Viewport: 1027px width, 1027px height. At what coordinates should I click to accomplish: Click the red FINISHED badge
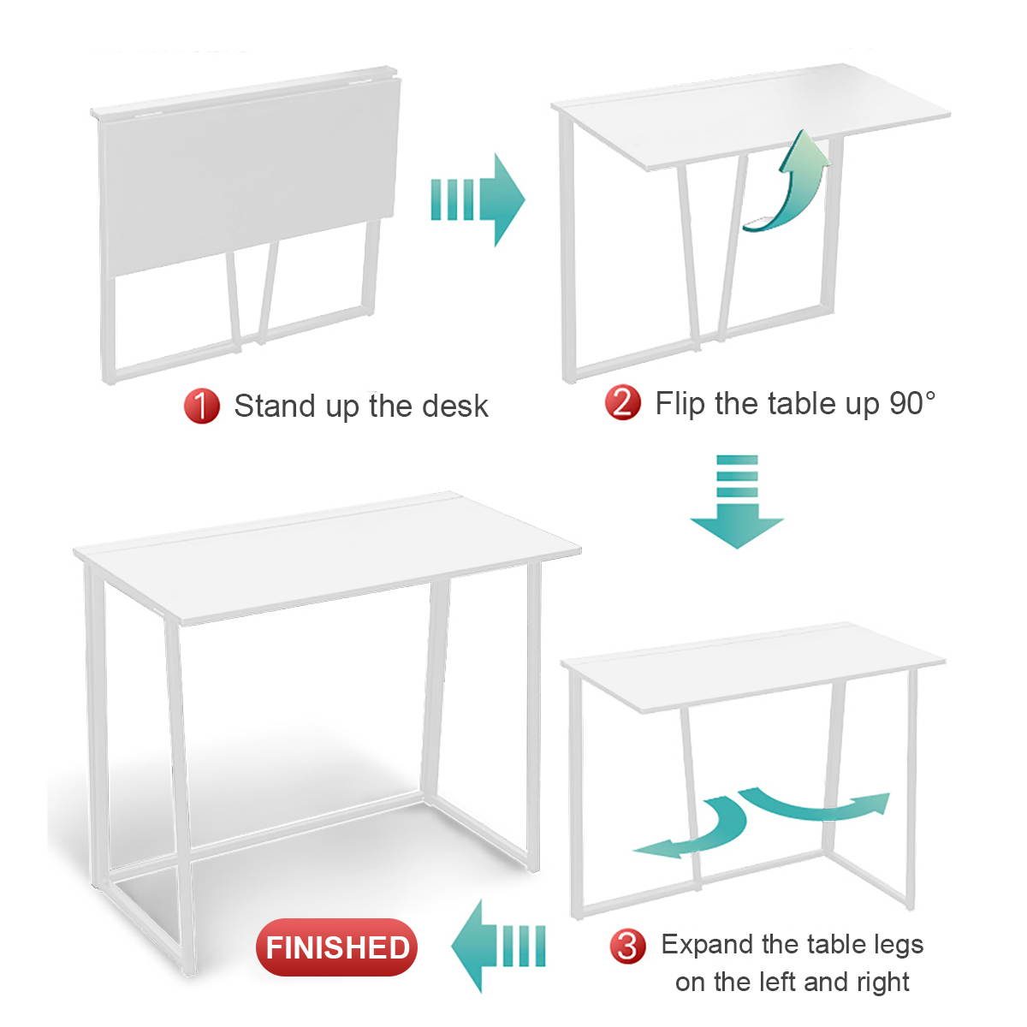tap(336, 947)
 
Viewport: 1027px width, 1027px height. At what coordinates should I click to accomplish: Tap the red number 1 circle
tap(201, 407)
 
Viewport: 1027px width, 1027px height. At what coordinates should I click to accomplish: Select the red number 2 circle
tap(622, 403)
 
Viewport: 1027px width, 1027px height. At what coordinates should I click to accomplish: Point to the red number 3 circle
tap(627, 947)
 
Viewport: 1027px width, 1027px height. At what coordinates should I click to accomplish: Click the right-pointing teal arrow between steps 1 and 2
tap(478, 200)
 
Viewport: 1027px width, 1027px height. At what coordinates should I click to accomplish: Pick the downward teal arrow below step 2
tap(737, 502)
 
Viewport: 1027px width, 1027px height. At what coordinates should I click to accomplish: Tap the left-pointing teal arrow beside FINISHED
tap(498, 947)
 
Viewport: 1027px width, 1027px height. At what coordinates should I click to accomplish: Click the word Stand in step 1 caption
tap(275, 407)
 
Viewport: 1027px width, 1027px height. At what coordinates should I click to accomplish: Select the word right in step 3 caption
tap(882, 982)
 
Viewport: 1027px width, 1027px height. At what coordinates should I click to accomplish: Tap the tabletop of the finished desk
tap(326, 557)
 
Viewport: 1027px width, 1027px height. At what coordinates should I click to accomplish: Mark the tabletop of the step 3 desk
tap(752, 667)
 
